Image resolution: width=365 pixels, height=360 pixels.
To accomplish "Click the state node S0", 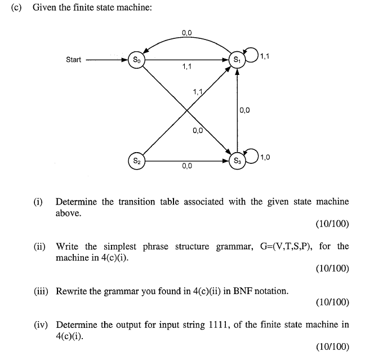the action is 137,60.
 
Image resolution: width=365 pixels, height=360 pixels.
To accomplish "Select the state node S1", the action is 237,60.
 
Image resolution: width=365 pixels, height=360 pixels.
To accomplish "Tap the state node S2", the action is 137,161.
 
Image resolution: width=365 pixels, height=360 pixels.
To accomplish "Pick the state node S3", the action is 237,161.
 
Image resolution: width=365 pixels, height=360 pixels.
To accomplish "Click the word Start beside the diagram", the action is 74,60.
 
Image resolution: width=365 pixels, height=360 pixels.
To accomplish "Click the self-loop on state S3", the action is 257,156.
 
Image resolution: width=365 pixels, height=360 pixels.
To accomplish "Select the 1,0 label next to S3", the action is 265,157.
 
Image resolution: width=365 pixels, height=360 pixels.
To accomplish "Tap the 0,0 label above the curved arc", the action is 187,33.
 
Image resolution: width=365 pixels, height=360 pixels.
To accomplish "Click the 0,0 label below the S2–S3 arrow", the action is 187,166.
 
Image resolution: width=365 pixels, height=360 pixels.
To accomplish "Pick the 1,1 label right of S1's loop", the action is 265,56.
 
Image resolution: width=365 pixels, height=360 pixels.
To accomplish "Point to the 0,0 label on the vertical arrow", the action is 244,110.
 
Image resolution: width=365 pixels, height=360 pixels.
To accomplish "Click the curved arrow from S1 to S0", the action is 187,38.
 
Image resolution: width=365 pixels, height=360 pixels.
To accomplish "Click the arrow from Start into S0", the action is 107,60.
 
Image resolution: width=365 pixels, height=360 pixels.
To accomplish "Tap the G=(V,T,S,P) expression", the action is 286,246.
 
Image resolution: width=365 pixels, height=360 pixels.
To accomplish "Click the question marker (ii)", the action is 39,246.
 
